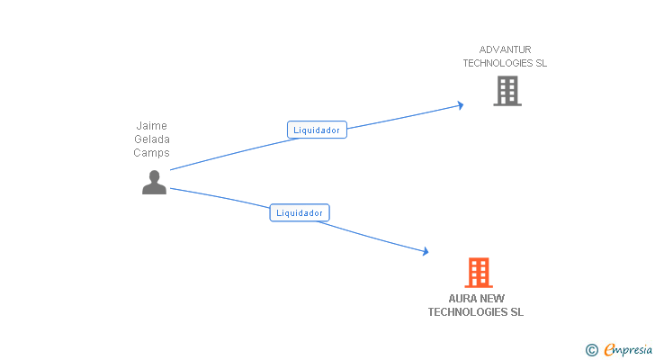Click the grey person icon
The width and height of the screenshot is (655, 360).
(154, 183)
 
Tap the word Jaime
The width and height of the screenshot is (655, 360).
(151, 126)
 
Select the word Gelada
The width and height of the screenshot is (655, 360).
(151, 139)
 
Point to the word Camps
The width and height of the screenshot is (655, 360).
(151, 153)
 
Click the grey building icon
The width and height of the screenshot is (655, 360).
(507, 91)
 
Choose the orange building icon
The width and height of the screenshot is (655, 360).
(478, 272)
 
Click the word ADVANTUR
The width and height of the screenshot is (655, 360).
(505, 49)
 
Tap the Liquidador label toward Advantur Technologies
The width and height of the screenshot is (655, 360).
(317, 130)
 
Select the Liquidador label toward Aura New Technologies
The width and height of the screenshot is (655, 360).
(300, 213)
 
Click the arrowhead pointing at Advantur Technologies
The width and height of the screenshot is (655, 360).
(460, 105)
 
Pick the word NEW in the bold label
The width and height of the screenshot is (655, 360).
(492, 299)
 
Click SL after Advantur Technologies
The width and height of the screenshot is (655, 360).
(541, 64)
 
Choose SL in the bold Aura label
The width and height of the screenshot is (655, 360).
(516, 312)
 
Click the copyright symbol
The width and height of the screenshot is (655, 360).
(591, 350)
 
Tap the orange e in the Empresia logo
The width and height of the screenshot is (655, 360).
(609, 349)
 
